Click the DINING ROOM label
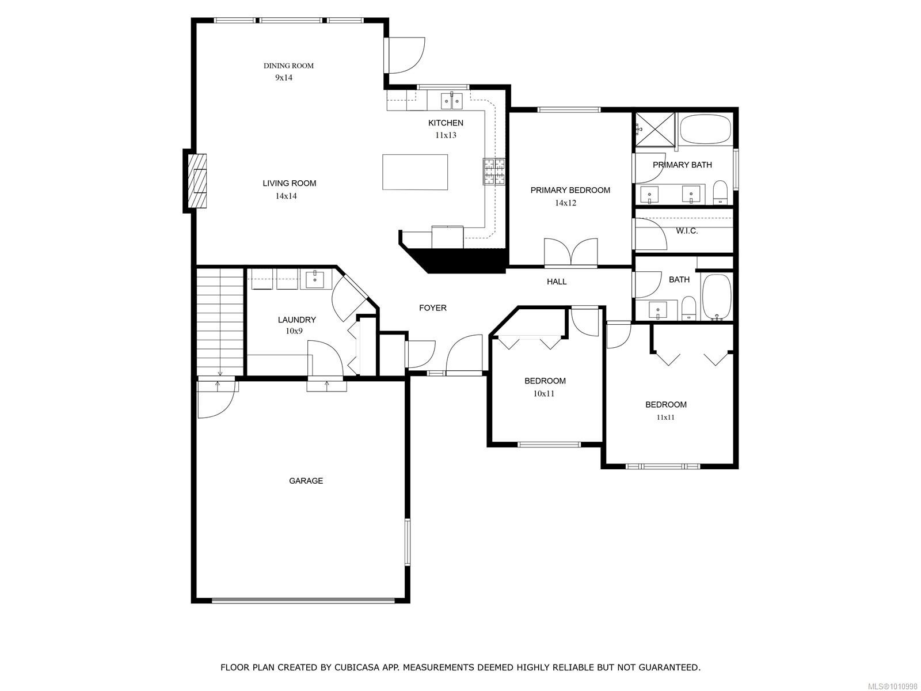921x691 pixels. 288,66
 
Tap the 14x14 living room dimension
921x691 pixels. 286,196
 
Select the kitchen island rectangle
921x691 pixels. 415,172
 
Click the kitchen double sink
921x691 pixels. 452,101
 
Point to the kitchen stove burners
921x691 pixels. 494,172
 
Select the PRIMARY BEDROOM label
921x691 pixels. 570,190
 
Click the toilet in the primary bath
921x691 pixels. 720,192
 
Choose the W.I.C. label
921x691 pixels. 687,231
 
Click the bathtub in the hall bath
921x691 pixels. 717,297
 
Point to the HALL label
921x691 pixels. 557,282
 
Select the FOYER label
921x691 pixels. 432,308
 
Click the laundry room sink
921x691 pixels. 315,279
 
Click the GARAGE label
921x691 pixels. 306,481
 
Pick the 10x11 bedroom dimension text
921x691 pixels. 544,394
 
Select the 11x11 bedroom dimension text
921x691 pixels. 665,417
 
